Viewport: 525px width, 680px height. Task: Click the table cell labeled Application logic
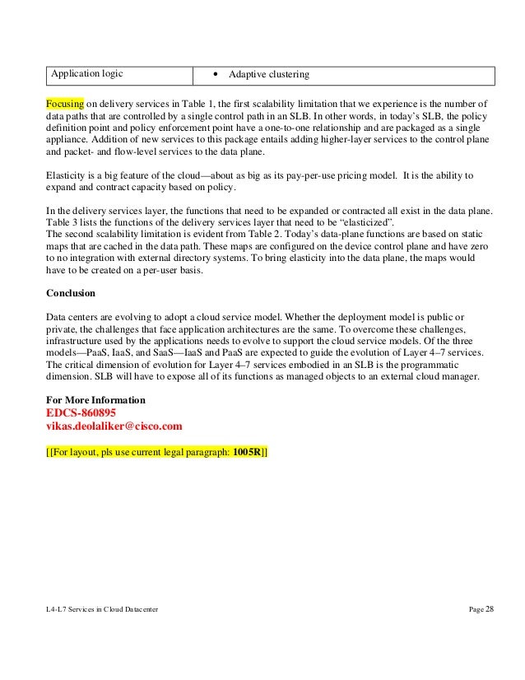pyautogui.click(x=88, y=74)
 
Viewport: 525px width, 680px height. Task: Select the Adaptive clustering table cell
pyautogui.click(x=269, y=75)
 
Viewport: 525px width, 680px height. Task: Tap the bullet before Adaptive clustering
pyautogui.click(x=216, y=75)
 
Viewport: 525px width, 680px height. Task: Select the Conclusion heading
pyautogui.click(x=71, y=293)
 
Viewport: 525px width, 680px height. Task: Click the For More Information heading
pyautogui.click(x=96, y=400)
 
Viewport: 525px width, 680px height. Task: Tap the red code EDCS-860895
pyautogui.click(x=81, y=413)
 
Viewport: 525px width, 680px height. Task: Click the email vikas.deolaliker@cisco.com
pyautogui.click(x=114, y=426)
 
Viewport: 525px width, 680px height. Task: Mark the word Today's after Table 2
pyautogui.click(x=275, y=238)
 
